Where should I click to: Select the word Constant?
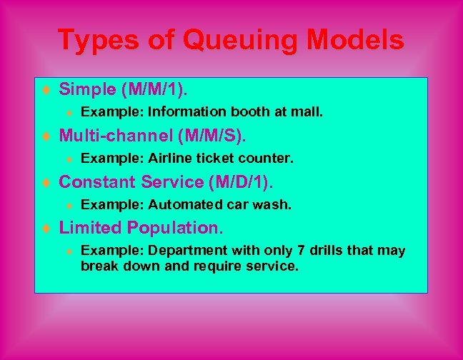click(97, 182)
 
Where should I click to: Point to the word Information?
click(186, 112)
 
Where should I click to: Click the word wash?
click(275, 204)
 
